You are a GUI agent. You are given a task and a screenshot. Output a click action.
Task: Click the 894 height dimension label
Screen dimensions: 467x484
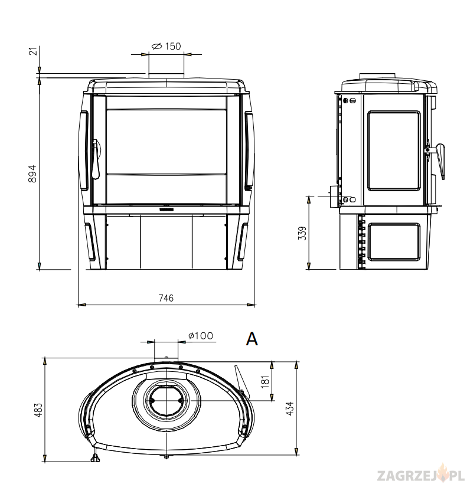tap(32, 174)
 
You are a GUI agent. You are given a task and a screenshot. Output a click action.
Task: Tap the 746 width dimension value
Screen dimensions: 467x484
tap(166, 298)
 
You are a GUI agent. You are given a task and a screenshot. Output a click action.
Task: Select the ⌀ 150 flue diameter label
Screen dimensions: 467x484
tap(166, 46)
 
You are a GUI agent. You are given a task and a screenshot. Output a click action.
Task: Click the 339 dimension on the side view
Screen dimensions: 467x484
tap(303, 233)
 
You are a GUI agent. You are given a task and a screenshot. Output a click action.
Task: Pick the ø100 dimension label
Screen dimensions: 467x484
tap(201, 335)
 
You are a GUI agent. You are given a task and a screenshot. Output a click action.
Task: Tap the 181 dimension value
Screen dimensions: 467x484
tap(265, 381)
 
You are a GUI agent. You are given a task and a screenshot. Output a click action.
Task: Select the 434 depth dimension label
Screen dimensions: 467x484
tap(290, 408)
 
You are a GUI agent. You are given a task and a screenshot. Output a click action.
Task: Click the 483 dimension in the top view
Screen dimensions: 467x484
tap(38, 410)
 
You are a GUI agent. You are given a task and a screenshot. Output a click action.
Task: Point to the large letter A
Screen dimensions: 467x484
tap(252, 339)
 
